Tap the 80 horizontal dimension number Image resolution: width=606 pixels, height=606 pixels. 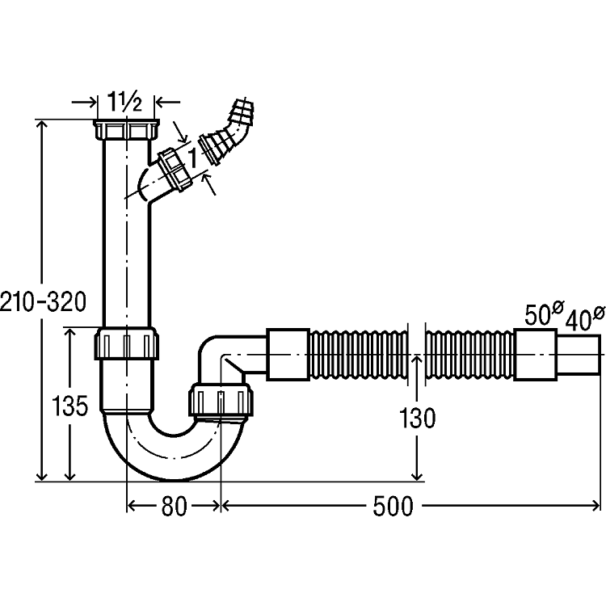tap(173, 507)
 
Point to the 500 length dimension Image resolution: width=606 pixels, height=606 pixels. tap(393, 507)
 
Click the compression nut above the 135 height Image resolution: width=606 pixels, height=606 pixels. tap(127, 344)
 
